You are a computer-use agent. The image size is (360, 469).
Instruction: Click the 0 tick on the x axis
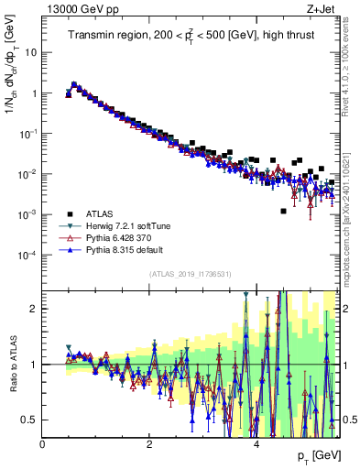(43, 443)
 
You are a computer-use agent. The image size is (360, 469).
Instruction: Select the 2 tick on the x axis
(149, 443)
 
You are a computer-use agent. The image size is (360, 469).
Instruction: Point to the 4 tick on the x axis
(256, 443)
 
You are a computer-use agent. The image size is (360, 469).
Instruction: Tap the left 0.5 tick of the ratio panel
(30, 420)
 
